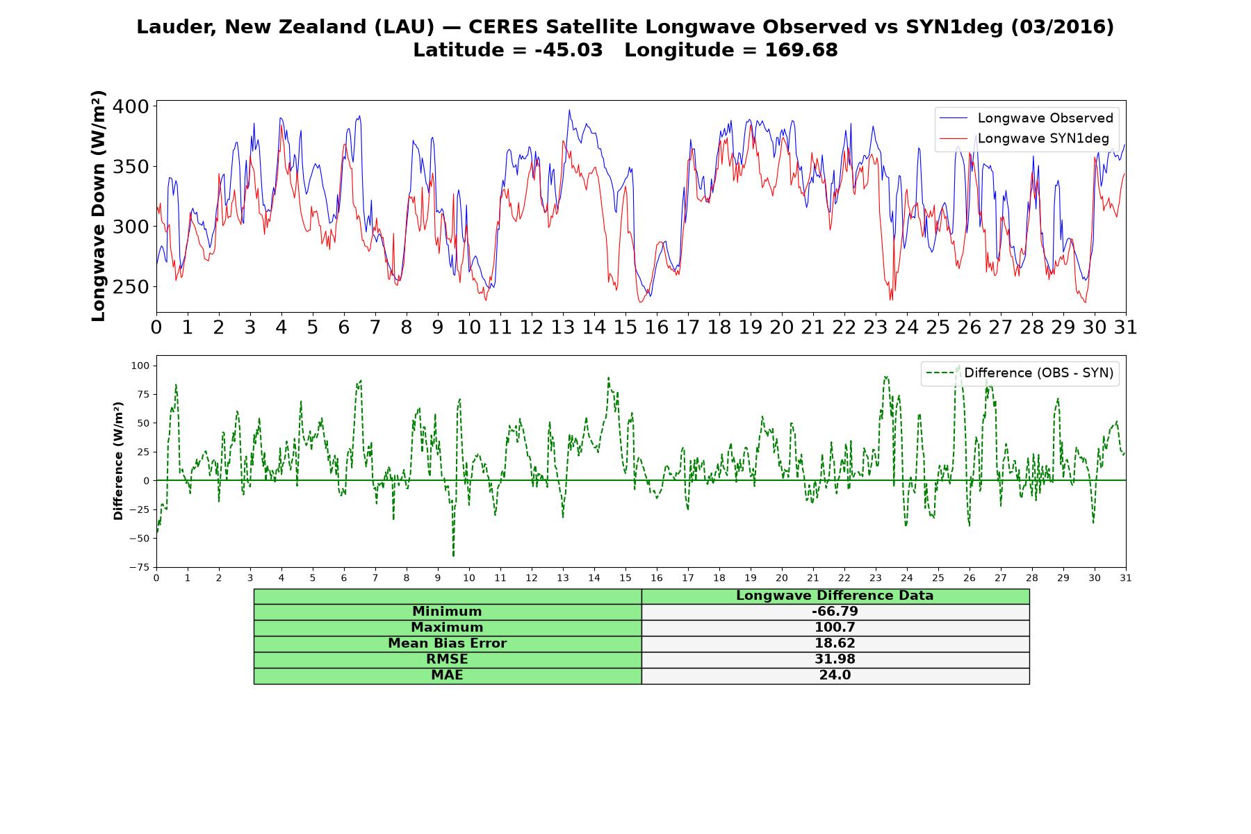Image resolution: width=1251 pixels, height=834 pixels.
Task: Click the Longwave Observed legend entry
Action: click(1026, 118)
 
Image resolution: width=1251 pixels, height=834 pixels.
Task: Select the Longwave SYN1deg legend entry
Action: click(1026, 139)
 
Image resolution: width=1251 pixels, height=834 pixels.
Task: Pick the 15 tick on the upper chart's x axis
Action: click(625, 327)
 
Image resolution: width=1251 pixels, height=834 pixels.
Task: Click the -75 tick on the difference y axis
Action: click(139, 567)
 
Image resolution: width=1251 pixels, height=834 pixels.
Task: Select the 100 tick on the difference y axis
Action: click(141, 366)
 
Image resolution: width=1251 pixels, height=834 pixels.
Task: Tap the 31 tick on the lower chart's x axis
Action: click(1126, 578)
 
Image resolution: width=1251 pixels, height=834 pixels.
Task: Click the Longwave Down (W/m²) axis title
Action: click(99, 206)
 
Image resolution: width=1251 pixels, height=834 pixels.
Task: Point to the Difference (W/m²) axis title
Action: click(118, 461)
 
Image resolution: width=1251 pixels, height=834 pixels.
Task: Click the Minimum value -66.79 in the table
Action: click(835, 612)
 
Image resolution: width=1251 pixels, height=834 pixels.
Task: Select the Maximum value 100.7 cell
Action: click(835, 628)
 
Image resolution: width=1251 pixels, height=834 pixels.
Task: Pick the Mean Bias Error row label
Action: click(447, 644)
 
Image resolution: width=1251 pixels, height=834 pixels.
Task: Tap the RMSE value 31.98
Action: click(835, 660)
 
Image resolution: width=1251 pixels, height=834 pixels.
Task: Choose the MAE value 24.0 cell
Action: click(835, 676)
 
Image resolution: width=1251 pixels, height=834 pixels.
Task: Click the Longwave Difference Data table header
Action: click(835, 596)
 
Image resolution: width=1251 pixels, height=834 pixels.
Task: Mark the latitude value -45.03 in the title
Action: click(569, 50)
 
